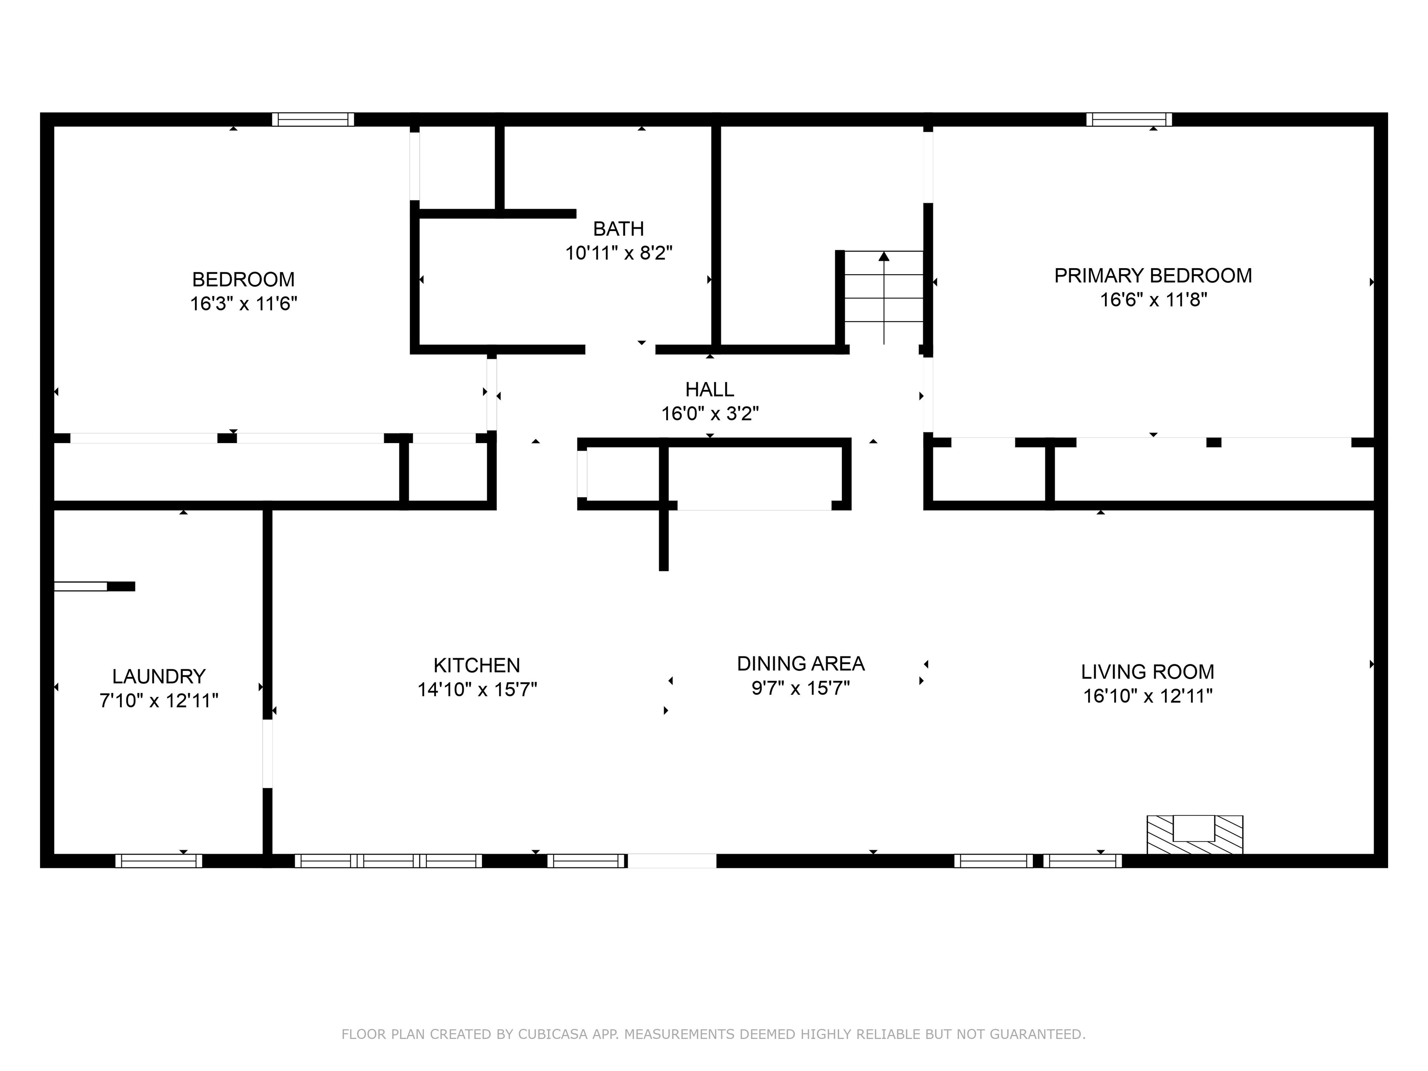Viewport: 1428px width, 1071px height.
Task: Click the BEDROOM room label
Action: tap(244, 279)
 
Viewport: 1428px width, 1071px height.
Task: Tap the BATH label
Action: tap(618, 229)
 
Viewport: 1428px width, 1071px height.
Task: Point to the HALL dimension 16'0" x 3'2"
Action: tap(709, 414)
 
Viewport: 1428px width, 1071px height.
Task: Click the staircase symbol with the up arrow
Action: tap(883, 297)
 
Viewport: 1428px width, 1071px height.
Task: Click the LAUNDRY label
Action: tap(159, 676)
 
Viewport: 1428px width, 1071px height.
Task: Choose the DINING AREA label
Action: tap(800, 664)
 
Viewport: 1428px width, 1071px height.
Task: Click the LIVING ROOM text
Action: tap(1147, 672)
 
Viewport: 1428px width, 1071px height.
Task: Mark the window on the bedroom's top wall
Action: tap(313, 119)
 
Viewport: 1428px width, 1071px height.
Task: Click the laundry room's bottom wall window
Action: tap(159, 860)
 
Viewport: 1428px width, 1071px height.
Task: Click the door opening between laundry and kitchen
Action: tap(267, 754)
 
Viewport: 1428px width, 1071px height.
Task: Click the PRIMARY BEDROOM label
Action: tap(1153, 276)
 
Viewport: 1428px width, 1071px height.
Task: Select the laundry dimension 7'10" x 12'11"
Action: tap(159, 701)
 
